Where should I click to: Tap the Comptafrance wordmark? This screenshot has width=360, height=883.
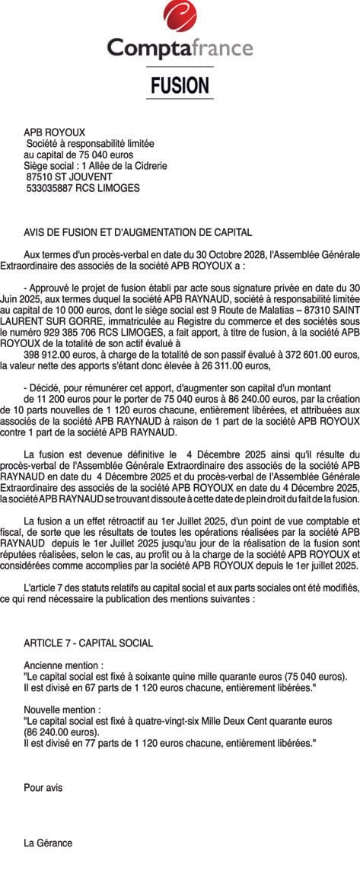point(180,49)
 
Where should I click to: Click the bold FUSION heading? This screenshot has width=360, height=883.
point(180,85)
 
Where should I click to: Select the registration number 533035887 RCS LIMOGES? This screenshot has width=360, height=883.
point(83,187)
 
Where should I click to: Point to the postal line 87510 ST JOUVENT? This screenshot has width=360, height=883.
point(69,177)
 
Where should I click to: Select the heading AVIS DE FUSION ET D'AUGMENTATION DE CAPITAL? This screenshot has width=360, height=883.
point(138,232)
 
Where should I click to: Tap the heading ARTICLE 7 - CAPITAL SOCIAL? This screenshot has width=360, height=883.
point(88,643)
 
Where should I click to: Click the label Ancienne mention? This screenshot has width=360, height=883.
point(63,665)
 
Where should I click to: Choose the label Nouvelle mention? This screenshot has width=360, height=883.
point(63,708)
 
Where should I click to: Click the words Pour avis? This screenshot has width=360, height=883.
point(43,788)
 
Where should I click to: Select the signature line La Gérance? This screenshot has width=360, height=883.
point(48,843)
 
